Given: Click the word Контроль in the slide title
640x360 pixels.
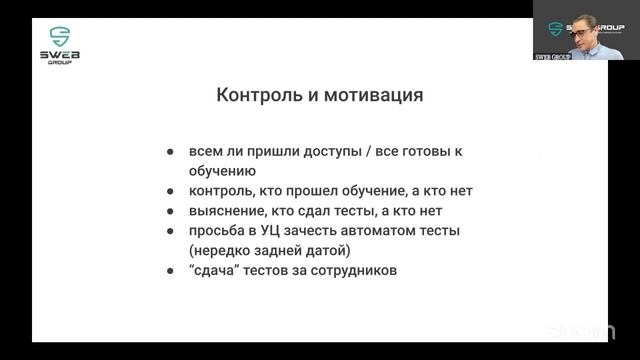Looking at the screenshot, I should coord(258,97).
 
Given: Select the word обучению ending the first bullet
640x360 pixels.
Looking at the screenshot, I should coord(221,171).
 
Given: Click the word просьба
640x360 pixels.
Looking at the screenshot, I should coord(218,230).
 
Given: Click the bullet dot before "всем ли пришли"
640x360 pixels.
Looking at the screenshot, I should coord(171,151).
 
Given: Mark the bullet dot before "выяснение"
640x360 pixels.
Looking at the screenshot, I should coord(171,210).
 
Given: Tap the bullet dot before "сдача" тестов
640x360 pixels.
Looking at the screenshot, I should coord(171,270).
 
